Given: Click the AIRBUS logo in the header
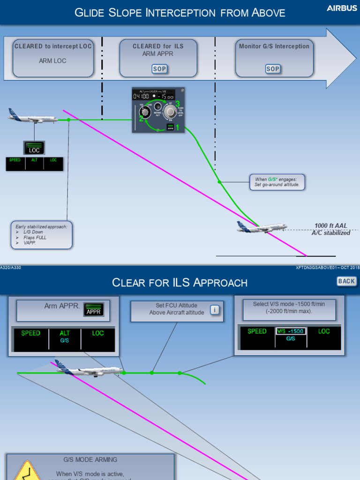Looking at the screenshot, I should coord(342,8).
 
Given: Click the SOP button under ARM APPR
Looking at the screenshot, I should coord(159,69).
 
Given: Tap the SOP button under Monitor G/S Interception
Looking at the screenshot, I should coord(273,69).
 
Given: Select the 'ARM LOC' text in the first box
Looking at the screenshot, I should coord(52,61).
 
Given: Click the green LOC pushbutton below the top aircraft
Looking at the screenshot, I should coord(34,148).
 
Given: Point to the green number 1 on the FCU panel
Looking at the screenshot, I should coord(177,127).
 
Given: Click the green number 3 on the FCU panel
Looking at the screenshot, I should coord(178,104).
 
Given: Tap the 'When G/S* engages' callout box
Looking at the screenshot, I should coord(277,182).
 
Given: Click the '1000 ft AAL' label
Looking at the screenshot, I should coord(331,226).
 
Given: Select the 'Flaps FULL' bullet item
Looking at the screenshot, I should coord(35,238).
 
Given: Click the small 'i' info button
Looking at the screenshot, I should coord(215,310).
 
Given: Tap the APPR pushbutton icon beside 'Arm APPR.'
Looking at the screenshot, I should coord(93,310).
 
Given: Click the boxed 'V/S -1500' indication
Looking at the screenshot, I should coord(291,331).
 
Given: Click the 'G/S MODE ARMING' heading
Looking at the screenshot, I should coord(90,460).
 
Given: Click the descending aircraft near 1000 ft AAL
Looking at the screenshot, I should coord(261,227).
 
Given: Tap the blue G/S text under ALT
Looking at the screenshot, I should coord(65,341).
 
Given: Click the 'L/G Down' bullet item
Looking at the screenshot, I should coord(33,232).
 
